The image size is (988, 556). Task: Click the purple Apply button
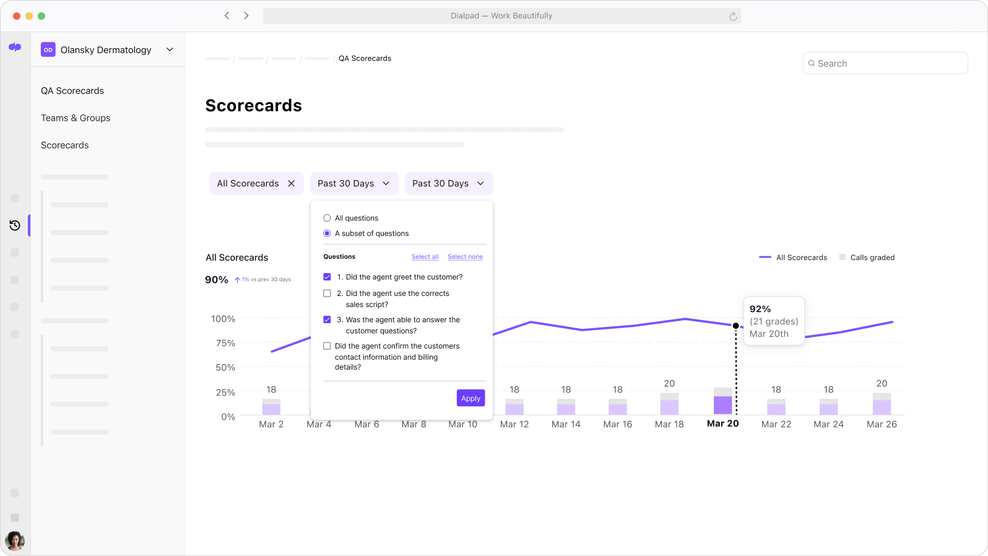(x=470, y=398)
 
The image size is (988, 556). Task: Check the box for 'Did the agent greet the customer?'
(x=327, y=277)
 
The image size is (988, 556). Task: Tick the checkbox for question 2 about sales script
(x=327, y=293)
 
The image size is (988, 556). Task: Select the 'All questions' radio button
(x=327, y=218)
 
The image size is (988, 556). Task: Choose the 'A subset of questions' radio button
(x=327, y=233)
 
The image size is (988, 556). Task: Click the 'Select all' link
(x=425, y=257)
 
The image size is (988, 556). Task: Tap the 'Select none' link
(x=465, y=257)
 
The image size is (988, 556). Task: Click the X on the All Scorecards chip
(x=292, y=183)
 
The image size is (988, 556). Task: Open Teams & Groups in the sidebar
(x=76, y=118)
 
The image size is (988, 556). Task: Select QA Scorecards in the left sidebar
(x=72, y=90)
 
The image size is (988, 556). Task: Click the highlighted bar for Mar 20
(x=722, y=404)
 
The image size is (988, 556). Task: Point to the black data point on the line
(x=735, y=326)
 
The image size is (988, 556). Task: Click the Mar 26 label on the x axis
(x=882, y=424)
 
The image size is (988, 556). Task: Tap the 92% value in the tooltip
(x=760, y=309)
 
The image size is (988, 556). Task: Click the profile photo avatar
(x=15, y=541)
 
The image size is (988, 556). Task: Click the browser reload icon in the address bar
(x=733, y=16)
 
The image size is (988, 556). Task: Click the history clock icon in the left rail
(x=15, y=225)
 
